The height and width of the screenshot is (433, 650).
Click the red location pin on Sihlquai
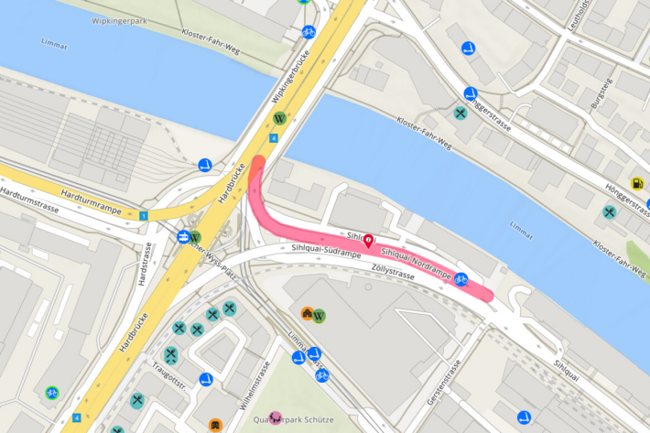pos(368,242)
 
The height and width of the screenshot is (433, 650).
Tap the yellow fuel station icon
pos(637,184)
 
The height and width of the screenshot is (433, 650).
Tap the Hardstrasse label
pos(144,265)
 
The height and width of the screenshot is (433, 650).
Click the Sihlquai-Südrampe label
pos(327,250)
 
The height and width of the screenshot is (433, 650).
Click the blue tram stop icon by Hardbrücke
pos(184,236)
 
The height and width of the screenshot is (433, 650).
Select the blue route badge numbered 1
pos(144,216)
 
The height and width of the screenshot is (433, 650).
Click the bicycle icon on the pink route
pos(461,279)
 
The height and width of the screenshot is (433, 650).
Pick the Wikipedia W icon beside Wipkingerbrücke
pos(281,118)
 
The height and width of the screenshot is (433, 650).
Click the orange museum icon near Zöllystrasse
pos(307,314)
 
